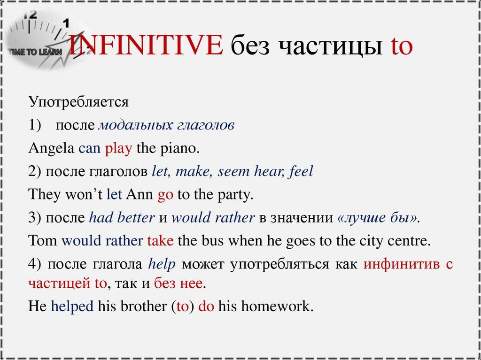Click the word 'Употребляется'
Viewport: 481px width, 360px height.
click(x=78, y=101)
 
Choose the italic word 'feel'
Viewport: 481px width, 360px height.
click(x=301, y=171)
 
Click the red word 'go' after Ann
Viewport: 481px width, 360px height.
click(x=165, y=195)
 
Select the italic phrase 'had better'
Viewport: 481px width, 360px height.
click(x=122, y=218)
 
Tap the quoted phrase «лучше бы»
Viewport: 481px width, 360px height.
click(x=378, y=218)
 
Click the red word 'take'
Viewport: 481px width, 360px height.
click(x=160, y=241)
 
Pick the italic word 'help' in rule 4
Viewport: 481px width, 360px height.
click(x=162, y=264)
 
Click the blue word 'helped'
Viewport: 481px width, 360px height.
click(x=72, y=306)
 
